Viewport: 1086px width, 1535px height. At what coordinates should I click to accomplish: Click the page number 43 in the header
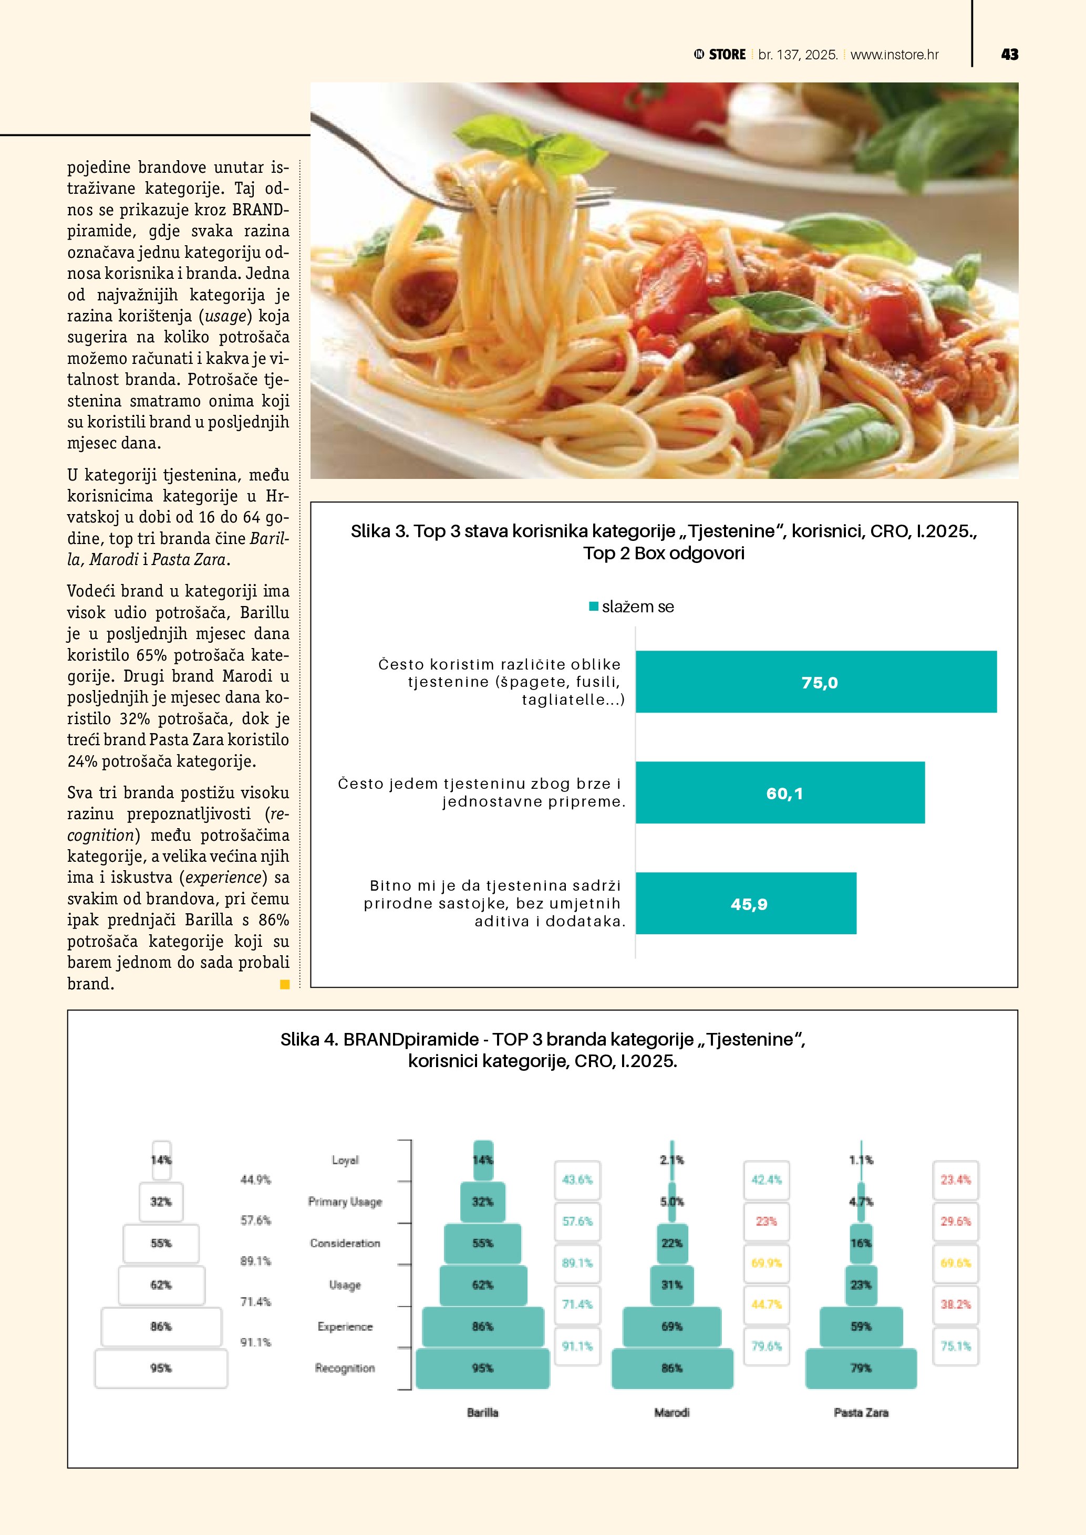pos(1009,55)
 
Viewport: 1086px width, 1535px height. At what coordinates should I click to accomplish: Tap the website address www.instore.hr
pos(894,55)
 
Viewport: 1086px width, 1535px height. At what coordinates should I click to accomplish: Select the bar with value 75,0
pos(816,682)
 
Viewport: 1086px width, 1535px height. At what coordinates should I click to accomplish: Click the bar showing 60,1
pos(780,793)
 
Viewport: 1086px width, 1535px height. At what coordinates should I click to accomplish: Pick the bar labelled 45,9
pos(746,904)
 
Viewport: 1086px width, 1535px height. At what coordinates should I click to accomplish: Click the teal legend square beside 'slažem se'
pos(593,607)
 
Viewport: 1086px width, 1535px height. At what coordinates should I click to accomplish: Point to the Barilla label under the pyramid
pos(482,1413)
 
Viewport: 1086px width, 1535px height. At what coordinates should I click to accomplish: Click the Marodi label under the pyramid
pos(671,1413)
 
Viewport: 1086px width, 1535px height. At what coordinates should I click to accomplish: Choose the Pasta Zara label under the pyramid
pos(861,1413)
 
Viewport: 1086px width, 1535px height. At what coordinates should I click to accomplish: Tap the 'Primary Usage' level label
pos(345,1202)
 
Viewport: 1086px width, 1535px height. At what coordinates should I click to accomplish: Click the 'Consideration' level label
pos(345,1243)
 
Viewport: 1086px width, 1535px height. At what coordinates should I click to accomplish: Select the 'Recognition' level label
pos(345,1368)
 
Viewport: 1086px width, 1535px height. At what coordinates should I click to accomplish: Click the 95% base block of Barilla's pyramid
pos(482,1369)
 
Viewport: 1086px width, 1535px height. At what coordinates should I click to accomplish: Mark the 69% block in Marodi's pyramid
pos(671,1327)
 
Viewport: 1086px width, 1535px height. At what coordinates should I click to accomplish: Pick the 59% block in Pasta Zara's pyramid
pos(861,1327)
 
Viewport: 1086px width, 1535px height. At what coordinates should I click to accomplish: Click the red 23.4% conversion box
pos(955,1180)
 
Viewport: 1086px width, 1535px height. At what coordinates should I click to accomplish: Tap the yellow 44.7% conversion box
pos(767,1304)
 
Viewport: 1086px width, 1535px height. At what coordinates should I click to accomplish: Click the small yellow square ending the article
pos(285,984)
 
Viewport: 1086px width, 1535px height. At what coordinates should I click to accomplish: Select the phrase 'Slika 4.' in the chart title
pos(309,1040)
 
